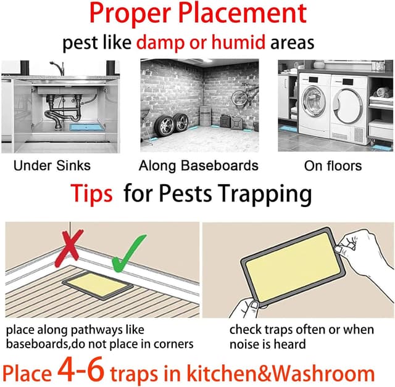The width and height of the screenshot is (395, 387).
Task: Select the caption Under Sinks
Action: coord(52,165)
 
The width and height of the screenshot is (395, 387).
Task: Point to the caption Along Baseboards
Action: coord(198,165)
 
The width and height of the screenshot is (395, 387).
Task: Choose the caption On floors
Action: coord(333,165)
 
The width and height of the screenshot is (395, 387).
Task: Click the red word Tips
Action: coord(91,194)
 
